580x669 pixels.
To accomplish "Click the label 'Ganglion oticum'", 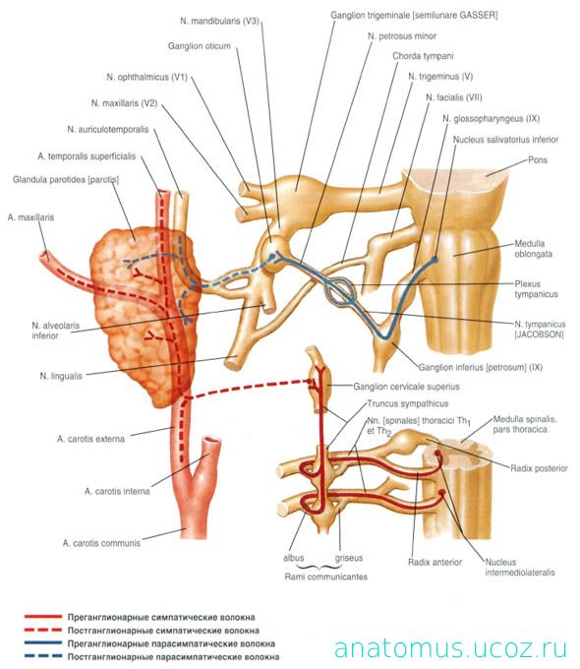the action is click(199, 46).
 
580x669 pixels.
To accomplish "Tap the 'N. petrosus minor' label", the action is click(402, 36).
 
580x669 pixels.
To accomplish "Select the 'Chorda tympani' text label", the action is click(423, 56).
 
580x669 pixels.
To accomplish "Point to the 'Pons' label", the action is click(538, 160).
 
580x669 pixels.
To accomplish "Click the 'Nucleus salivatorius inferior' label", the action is click(505, 140).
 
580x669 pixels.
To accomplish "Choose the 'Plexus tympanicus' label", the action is click(536, 289).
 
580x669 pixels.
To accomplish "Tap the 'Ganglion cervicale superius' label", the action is click(406, 387).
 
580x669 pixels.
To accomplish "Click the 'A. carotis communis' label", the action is click(101, 543).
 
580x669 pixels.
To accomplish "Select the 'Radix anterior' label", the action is click(435, 563).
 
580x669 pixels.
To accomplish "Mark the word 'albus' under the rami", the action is click(293, 558).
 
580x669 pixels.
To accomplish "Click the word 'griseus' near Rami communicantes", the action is click(349, 558).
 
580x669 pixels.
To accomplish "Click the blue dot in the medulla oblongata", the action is click(435, 259).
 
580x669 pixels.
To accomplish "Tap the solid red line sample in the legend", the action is click(43, 617).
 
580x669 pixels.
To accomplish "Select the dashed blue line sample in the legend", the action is click(43, 656).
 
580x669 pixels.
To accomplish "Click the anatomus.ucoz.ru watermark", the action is click(450, 647).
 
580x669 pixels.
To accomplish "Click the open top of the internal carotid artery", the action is click(212, 442).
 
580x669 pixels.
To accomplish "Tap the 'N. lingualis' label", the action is click(61, 376).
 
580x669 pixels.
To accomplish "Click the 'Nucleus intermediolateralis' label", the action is click(520, 568).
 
